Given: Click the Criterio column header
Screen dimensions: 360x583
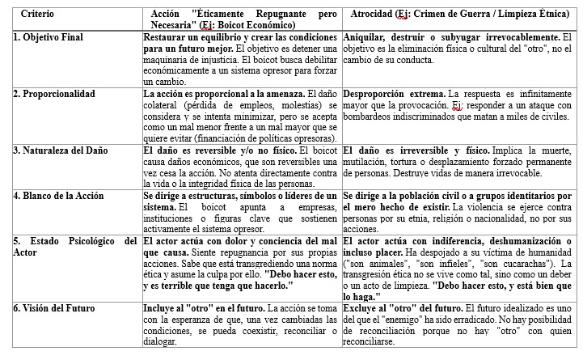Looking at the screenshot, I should point(37,15).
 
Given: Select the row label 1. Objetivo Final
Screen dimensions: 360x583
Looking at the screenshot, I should point(48,38).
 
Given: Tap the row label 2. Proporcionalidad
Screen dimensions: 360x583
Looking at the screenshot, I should point(52,94).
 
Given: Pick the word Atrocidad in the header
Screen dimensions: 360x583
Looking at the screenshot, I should point(370,15).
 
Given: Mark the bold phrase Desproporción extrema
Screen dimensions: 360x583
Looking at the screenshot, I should point(391,94).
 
